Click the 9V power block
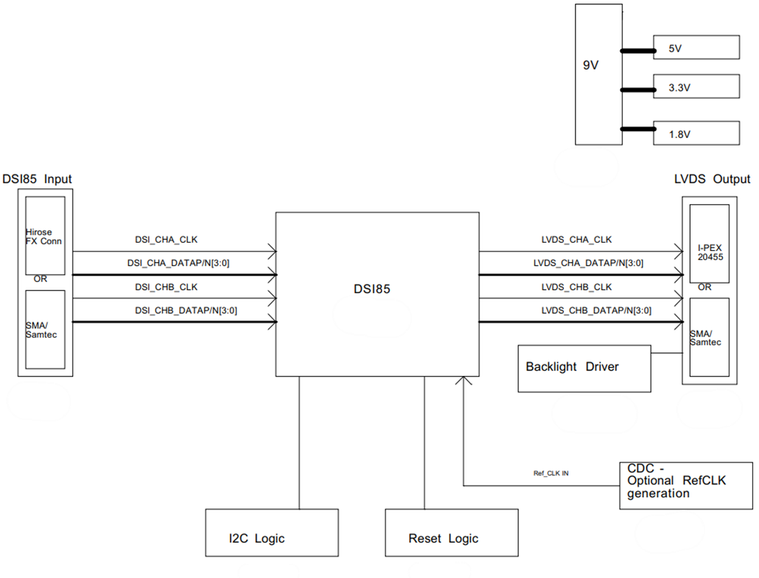[598, 74]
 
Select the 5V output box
[696, 48]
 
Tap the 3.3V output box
[696, 87]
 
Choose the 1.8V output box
[696, 133]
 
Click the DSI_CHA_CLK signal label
[166, 240]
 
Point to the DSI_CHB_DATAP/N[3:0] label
[186, 310]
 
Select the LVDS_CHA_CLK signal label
[576, 240]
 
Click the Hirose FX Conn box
[45, 236]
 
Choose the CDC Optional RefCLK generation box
[686, 486]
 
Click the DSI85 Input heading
[37, 179]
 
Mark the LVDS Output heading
[711, 179]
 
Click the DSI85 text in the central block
[367, 290]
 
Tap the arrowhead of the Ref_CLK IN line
[464, 381]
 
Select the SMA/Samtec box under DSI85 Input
[45, 329]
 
